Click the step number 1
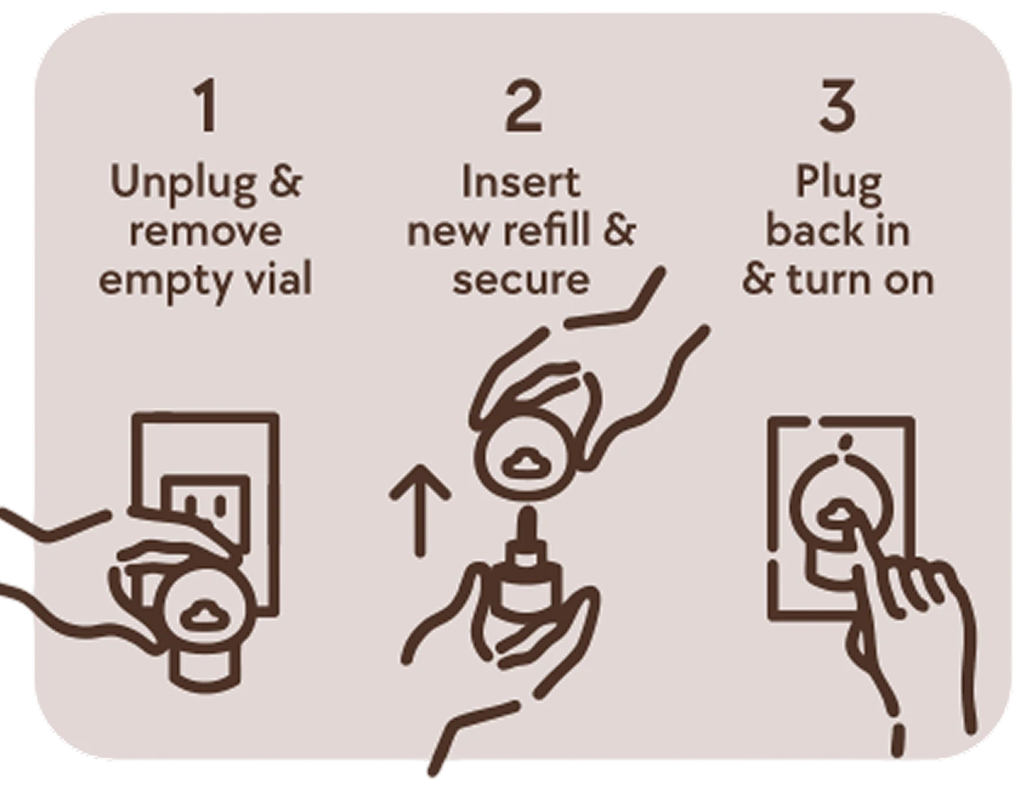click(x=207, y=108)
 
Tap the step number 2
click(x=524, y=108)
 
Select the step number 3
click(x=838, y=108)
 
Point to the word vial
click(x=276, y=279)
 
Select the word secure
click(x=521, y=279)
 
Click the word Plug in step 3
click(x=838, y=184)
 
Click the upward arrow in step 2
click(x=420, y=509)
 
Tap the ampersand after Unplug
click(x=286, y=182)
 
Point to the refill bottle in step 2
click(x=526, y=584)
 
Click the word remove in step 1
click(x=205, y=231)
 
